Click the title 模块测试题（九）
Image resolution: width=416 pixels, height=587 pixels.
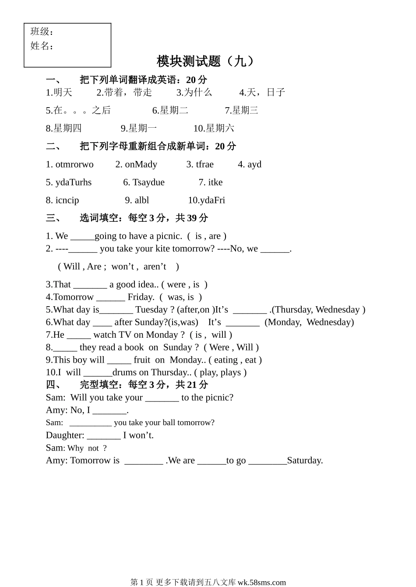(x=205, y=61)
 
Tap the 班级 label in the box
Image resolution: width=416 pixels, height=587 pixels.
(x=40, y=31)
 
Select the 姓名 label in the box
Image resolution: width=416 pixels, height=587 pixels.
(x=40, y=45)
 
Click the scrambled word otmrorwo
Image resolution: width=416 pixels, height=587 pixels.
(x=74, y=164)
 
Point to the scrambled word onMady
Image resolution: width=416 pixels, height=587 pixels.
(x=141, y=164)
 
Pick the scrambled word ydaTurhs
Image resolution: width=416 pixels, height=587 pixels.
(x=73, y=182)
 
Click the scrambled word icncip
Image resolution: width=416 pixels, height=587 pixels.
(x=67, y=200)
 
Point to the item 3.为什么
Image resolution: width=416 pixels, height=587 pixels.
(x=194, y=92)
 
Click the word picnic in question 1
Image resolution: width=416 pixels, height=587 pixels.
(x=168, y=236)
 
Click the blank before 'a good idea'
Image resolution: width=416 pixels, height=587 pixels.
(x=90, y=285)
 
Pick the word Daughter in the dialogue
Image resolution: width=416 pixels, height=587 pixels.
(x=65, y=435)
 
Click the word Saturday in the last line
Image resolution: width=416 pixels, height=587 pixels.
(x=305, y=461)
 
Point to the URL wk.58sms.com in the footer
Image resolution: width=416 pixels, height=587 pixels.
(x=261, y=582)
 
